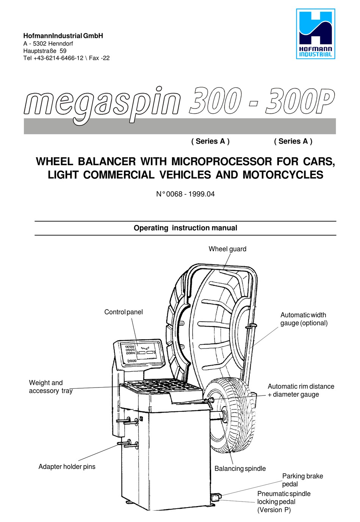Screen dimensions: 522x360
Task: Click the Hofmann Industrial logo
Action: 315,34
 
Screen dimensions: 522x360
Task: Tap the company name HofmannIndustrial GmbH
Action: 63,36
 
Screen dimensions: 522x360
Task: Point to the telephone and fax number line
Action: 66,58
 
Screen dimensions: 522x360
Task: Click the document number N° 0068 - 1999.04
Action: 185,194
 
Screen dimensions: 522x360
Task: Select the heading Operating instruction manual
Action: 185,228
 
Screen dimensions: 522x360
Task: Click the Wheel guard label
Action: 227,249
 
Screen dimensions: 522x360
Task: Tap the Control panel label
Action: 124,312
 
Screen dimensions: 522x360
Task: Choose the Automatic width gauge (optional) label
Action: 304,319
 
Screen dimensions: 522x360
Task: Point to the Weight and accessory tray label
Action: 50,387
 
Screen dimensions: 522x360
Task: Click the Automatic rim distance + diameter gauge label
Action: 301,391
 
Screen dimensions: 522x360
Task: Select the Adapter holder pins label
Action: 67,467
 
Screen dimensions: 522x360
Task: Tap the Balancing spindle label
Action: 240,469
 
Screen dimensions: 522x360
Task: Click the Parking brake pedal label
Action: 302,480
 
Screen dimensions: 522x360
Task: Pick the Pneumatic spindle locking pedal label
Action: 283,502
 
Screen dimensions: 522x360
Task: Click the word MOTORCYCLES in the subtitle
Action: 283,175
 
